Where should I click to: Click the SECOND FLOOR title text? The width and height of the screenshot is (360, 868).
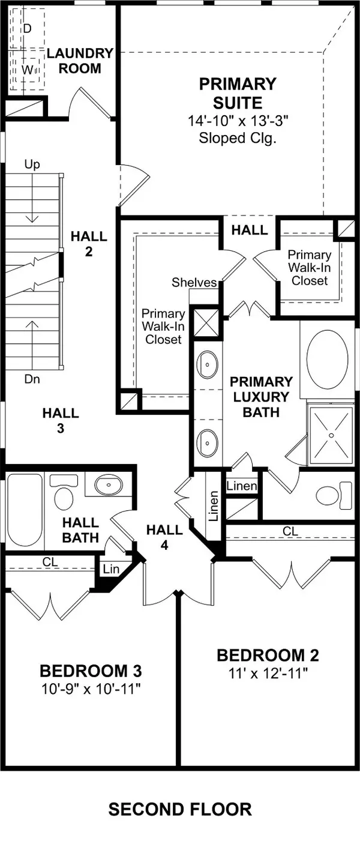point(180,809)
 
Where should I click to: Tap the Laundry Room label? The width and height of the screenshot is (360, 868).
point(80,61)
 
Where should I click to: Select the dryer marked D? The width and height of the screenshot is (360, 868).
point(27,28)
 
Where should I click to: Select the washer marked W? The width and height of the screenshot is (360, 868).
point(27,70)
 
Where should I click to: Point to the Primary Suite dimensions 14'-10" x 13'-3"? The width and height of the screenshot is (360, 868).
point(238,121)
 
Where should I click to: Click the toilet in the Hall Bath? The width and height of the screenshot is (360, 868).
point(64,493)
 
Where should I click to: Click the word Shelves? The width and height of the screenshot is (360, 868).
point(194,282)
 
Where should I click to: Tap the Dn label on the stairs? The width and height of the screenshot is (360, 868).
point(33,379)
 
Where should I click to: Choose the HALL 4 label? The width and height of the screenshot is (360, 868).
point(164,537)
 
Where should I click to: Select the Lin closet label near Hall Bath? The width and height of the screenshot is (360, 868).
point(111,568)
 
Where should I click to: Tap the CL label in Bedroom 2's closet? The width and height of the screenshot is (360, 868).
point(290,531)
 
